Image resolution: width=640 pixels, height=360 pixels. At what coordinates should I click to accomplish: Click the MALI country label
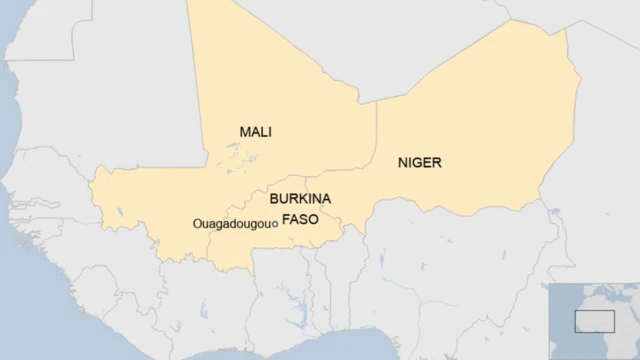[x=256, y=132]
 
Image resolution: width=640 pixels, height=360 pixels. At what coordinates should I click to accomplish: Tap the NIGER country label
[x=419, y=162]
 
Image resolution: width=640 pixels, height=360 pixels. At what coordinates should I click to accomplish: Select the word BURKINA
[x=300, y=199]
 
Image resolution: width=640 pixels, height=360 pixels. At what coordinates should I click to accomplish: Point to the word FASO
[x=300, y=218]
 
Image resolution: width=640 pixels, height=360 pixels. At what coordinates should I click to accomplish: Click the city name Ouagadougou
[x=230, y=224]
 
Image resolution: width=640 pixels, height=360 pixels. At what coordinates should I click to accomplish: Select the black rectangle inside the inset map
[x=594, y=320]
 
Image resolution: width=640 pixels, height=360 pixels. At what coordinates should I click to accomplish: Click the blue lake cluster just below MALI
[x=234, y=157]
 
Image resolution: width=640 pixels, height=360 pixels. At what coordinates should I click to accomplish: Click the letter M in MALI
[x=245, y=132]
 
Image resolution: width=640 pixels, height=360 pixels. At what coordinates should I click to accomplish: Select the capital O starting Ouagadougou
[x=196, y=224]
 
